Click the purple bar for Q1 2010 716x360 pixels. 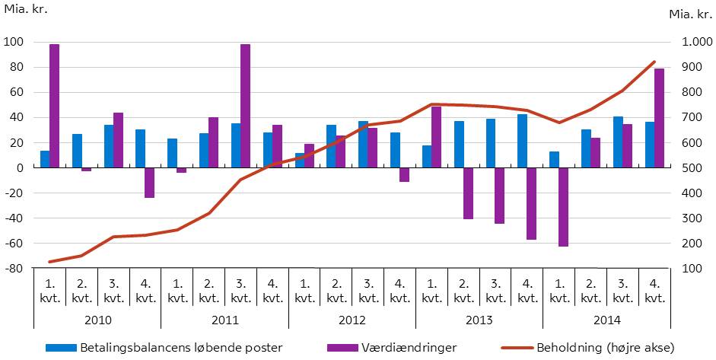coord(54,106)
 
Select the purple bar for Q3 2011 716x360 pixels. coord(245,106)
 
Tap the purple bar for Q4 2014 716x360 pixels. coord(659,118)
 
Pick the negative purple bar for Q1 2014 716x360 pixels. coord(563,207)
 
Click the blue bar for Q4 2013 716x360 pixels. coord(522,141)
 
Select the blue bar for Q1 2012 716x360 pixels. coord(299,161)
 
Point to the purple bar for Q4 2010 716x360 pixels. coord(150,183)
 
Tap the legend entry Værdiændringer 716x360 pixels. coord(392,348)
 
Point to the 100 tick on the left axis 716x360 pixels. coord(14,42)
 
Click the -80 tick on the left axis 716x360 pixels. coord(14,269)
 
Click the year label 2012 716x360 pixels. coord(352,319)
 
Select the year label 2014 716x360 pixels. coord(606,319)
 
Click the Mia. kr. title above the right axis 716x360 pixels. coord(690,14)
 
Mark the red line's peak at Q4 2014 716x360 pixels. coord(654,62)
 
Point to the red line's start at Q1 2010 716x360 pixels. coord(49,262)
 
